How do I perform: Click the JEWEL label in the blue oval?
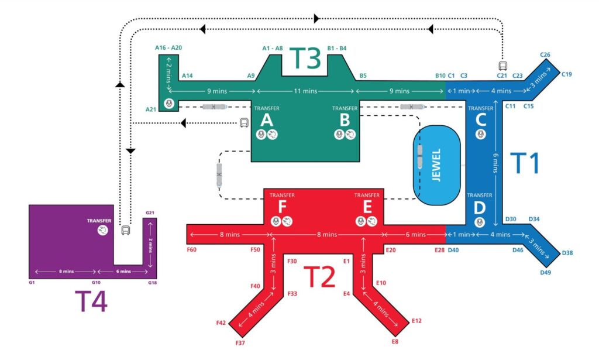point(435,166)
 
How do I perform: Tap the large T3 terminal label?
point(306,58)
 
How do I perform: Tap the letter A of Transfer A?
point(266,121)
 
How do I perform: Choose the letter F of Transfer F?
point(281,207)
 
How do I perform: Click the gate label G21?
point(150,212)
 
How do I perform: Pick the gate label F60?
point(192,249)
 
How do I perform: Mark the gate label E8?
point(395,341)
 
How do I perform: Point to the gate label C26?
point(545,55)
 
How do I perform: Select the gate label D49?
point(545,272)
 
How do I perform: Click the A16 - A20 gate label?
point(168,47)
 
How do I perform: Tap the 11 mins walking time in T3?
point(305,91)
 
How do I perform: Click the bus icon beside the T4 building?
point(125,230)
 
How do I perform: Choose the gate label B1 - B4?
point(337,47)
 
